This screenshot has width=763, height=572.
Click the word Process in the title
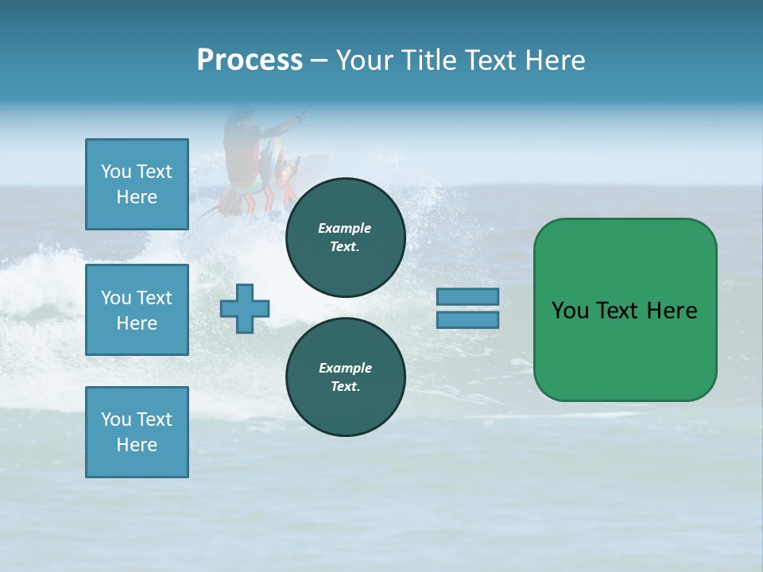pos(250,60)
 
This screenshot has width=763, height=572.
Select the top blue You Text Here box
pos(137,184)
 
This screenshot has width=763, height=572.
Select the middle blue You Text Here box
pos(137,310)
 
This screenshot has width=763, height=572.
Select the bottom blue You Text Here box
pos(137,431)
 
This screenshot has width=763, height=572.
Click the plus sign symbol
pos(245,309)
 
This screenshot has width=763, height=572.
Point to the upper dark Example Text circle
pos(345,237)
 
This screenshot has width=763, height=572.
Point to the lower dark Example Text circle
pos(345,377)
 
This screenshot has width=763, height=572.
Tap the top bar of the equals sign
pos(467,297)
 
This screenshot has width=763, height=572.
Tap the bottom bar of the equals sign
pos(467,320)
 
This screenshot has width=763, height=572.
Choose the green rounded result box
pos(625,309)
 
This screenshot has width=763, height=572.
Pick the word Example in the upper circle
pos(345,228)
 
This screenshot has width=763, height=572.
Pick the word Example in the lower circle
pos(345,368)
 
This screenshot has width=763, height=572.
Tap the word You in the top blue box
pos(116,172)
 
